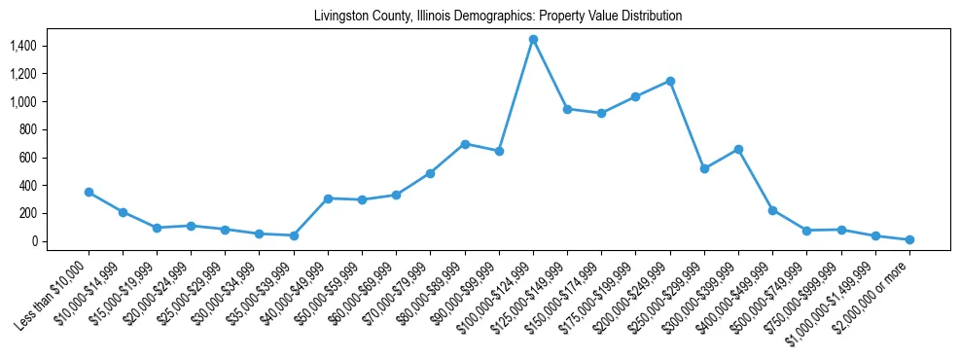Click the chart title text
[x=498, y=17]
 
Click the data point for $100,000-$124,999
[x=533, y=39]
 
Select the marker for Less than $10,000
[x=89, y=193]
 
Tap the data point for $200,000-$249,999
[x=670, y=81]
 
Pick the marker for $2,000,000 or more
[x=909, y=239]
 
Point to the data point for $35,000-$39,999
[x=294, y=235]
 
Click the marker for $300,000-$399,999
[x=738, y=149]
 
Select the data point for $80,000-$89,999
[x=465, y=144]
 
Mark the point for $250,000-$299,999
[x=704, y=168]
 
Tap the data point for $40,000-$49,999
[x=328, y=198]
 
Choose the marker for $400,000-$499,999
[x=772, y=210]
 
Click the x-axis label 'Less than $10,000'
[x=53, y=291]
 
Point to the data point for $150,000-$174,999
[x=601, y=113]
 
